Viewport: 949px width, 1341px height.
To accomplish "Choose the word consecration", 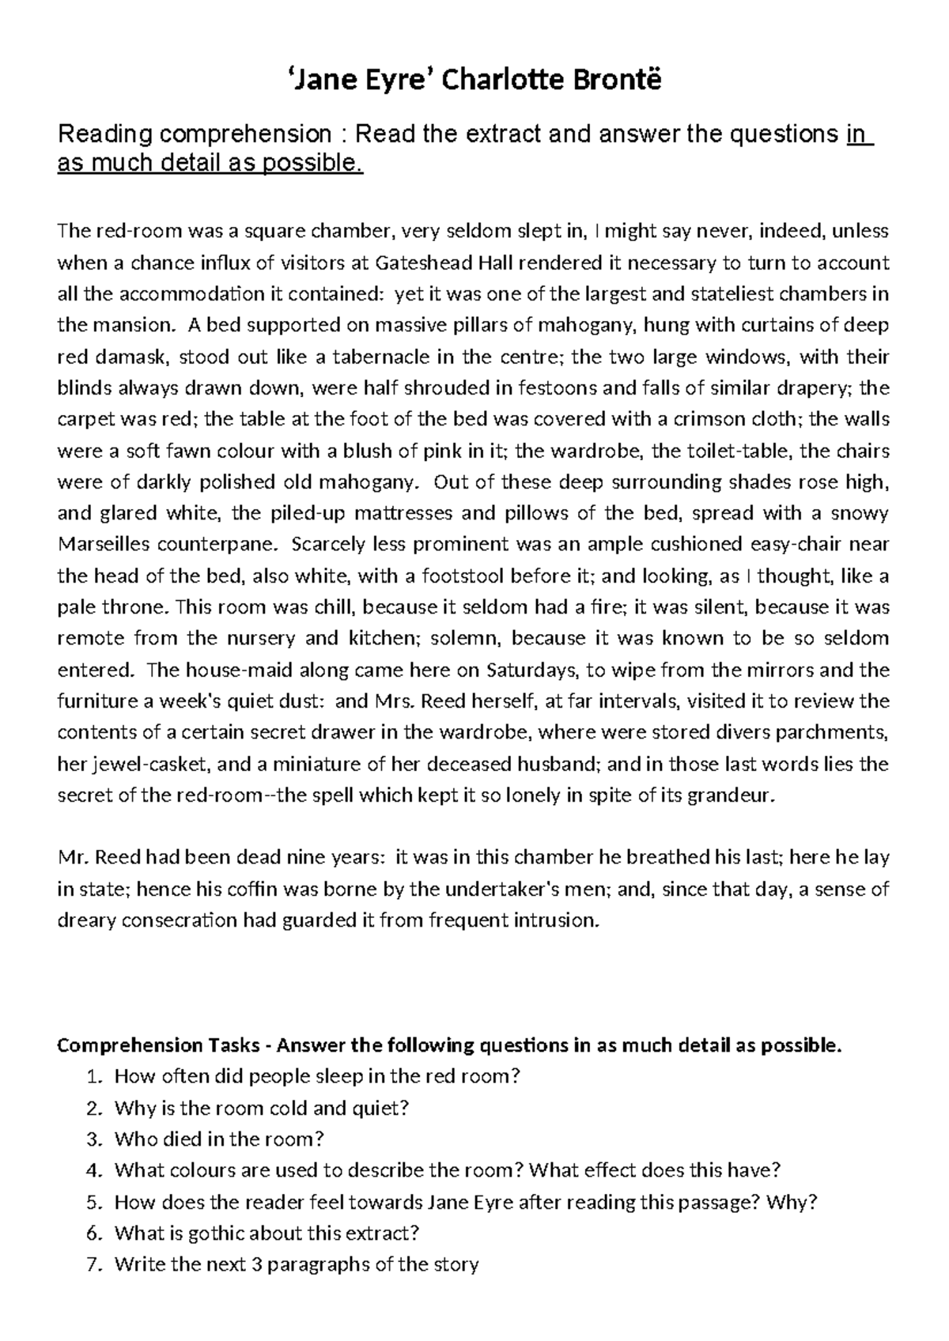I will click(x=171, y=920).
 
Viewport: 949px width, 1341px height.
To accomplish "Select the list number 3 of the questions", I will click(x=95, y=1139).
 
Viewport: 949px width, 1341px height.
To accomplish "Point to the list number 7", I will click(x=95, y=1265).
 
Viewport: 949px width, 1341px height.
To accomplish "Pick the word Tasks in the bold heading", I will click(x=234, y=1046).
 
